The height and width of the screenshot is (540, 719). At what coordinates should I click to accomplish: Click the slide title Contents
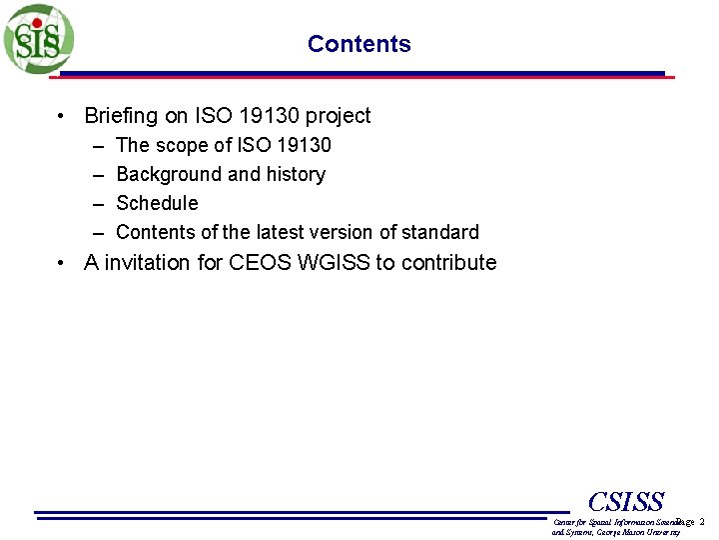tap(359, 44)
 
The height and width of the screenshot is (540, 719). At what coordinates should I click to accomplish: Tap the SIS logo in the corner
tap(37, 39)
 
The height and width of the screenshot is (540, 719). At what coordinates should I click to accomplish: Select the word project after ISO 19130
tap(337, 116)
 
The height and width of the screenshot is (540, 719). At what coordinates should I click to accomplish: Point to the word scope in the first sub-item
tap(182, 146)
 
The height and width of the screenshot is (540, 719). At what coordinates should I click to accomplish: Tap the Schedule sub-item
tap(157, 203)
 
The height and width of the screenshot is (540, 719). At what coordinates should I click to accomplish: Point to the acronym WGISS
tap(334, 263)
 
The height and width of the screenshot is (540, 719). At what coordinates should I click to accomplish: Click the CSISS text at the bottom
tap(626, 502)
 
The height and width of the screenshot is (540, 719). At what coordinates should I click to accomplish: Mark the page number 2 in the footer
tap(702, 522)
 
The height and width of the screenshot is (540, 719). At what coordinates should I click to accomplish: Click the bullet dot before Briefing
tap(63, 117)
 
